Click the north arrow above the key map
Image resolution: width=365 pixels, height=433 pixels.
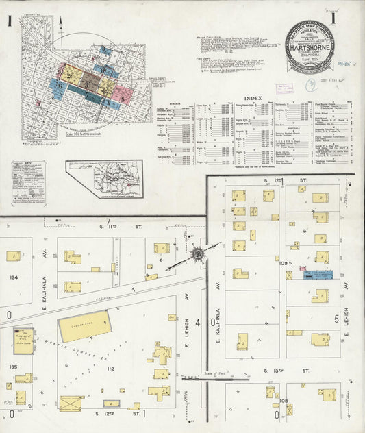click(60, 26)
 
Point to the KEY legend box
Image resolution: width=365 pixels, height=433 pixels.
click(29, 183)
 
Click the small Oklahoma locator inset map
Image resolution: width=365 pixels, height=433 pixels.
click(104, 179)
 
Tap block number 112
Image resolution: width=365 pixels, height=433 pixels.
click(110, 369)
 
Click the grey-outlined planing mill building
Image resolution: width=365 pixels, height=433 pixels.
click(23, 341)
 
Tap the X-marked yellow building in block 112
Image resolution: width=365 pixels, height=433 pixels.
click(71, 403)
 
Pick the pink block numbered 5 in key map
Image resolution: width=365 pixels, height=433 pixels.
click(121, 95)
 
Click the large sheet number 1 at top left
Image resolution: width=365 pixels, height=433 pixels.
click(10, 22)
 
